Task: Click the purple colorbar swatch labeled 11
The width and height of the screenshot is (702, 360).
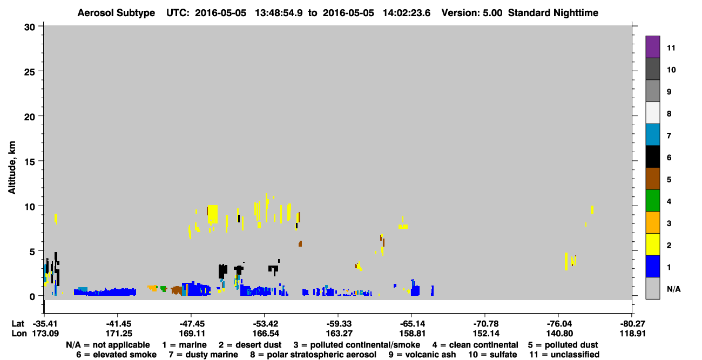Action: pyautogui.click(x=652, y=46)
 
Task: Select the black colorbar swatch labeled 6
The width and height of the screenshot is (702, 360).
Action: pyautogui.click(x=652, y=157)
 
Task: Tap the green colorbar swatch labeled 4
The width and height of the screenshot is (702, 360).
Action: pyautogui.click(x=652, y=201)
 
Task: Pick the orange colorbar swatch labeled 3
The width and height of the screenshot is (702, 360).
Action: pyautogui.click(x=652, y=222)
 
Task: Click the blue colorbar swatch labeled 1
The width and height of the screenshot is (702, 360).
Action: pyautogui.click(x=652, y=266)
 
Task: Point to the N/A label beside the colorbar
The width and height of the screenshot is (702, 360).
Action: pyautogui.click(x=673, y=289)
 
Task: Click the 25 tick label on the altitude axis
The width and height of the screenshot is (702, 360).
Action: pyautogui.click(x=30, y=72)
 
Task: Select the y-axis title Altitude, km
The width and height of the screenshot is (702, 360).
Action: pyautogui.click(x=11, y=168)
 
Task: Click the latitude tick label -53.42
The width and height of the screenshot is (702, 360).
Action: pyautogui.click(x=266, y=324)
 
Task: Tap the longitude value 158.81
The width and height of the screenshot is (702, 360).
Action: pyautogui.click(x=413, y=334)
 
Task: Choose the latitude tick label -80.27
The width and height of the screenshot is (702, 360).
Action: pyautogui.click(x=632, y=324)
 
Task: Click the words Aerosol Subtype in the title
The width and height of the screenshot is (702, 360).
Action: pyautogui.click(x=116, y=13)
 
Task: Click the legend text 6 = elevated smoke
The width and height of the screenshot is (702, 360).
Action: pyautogui.click(x=116, y=355)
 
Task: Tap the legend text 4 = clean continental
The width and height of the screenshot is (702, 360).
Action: pyautogui.click(x=475, y=345)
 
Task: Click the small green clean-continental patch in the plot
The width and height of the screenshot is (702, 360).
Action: pyautogui.click(x=163, y=289)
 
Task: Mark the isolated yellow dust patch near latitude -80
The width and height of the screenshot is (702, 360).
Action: pyautogui.click(x=592, y=209)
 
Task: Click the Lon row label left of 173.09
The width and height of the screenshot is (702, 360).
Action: pyautogui.click(x=19, y=334)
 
